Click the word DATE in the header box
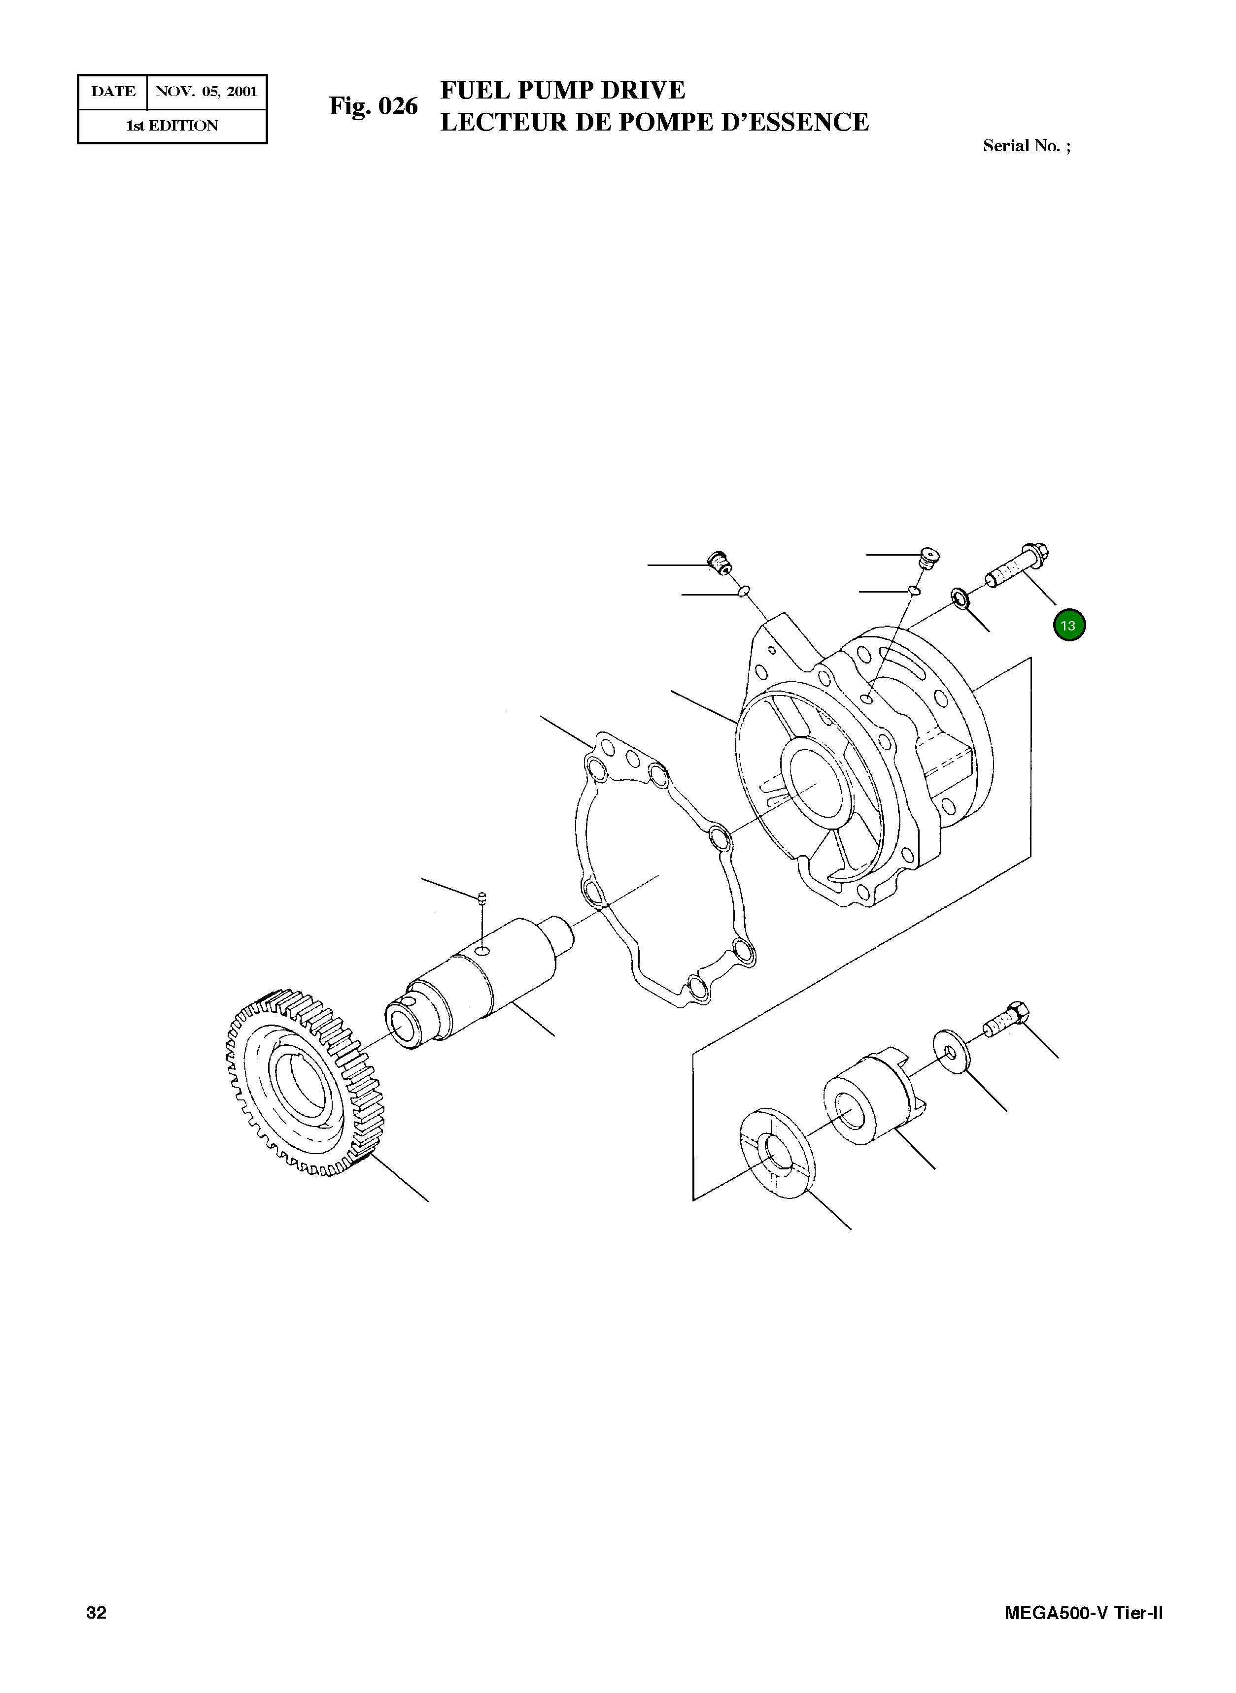113,92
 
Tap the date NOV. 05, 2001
206,92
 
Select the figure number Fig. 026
374,106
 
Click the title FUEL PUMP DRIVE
563,90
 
